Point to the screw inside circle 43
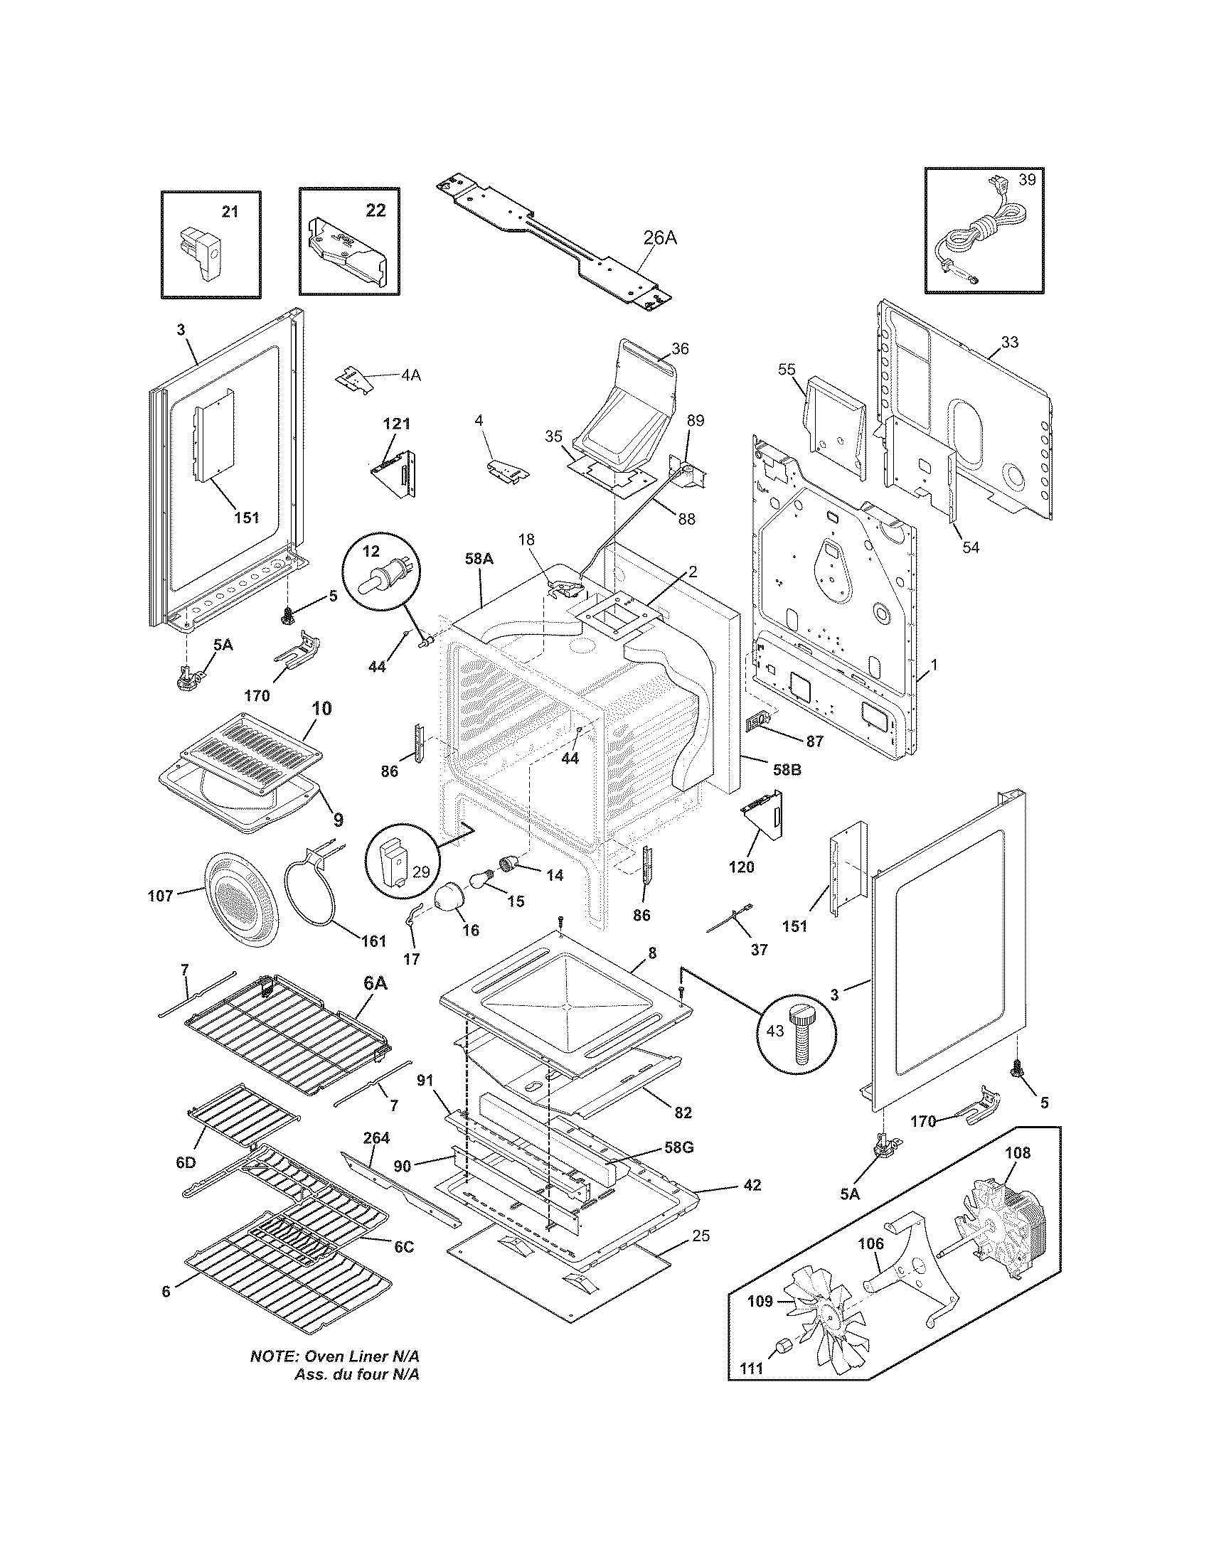pyautogui.click(x=801, y=1034)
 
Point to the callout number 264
pyautogui.click(x=376, y=1138)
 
